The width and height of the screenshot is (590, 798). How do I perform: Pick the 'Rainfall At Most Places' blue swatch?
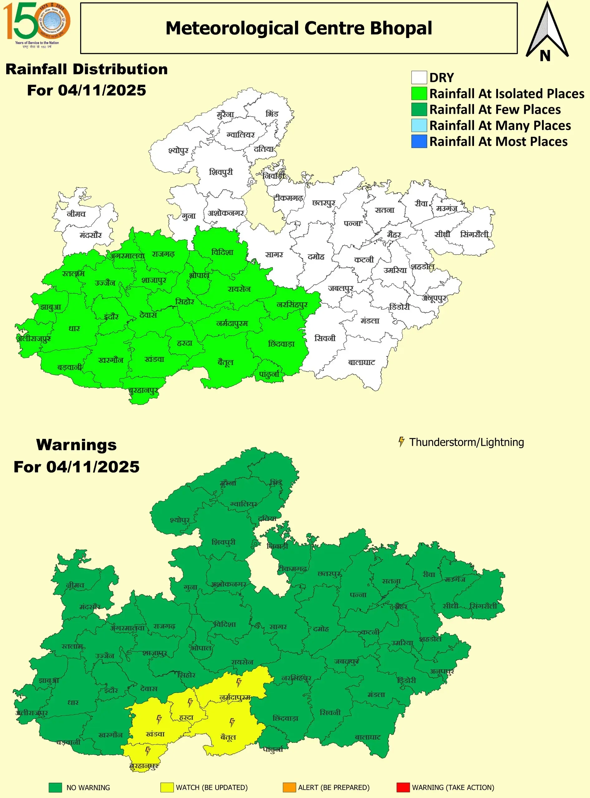[x=419, y=142]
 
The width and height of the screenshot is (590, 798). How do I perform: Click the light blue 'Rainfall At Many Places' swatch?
[x=419, y=125]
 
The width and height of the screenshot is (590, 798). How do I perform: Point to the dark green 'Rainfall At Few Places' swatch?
[x=419, y=109]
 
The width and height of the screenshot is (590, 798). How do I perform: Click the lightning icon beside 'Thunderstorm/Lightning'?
[x=401, y=442]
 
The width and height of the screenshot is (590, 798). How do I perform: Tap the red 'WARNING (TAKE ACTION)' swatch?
[x=403, y=787]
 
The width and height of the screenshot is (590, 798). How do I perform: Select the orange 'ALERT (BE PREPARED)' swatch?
[x=289, y=787]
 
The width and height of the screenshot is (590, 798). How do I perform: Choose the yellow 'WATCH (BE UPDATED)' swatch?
[x=167, y=787]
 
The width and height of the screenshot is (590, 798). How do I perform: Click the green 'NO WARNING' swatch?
[x=56, y=787]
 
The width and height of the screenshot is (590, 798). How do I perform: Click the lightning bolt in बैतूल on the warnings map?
[x=232, y=722]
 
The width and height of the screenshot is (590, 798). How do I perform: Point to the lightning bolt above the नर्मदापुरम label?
[x=239, y=683]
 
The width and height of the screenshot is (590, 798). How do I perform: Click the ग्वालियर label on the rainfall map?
[x=241, y=135]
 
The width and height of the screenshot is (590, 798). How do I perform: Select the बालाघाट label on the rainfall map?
[x=361, y=363]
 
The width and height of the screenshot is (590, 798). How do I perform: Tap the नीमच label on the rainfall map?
[x=76, y=214]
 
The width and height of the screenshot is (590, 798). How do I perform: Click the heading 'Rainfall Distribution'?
[x=86, y=69]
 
